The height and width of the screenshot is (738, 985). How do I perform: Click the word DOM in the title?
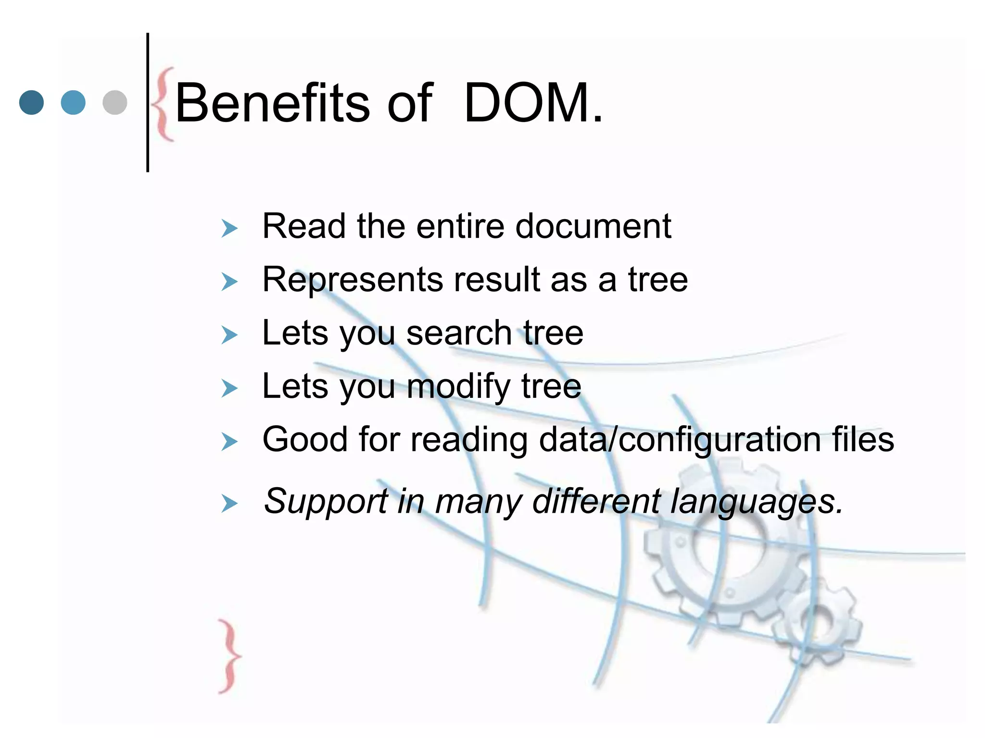click(527, 103)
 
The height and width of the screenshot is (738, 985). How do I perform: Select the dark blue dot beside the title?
click(31, 103)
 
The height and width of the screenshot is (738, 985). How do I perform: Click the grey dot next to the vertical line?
click(115, 103)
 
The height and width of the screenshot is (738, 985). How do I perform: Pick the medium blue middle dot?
click(73, 103)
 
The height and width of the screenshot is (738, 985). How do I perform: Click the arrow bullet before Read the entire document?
click(229, 229)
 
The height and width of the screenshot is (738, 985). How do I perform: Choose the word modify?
click(458, 387)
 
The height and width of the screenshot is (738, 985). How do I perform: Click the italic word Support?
click(326, 502)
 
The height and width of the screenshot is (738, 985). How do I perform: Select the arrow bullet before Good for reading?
click(229, 442)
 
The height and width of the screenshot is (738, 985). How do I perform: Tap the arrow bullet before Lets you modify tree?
click(229, 388)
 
